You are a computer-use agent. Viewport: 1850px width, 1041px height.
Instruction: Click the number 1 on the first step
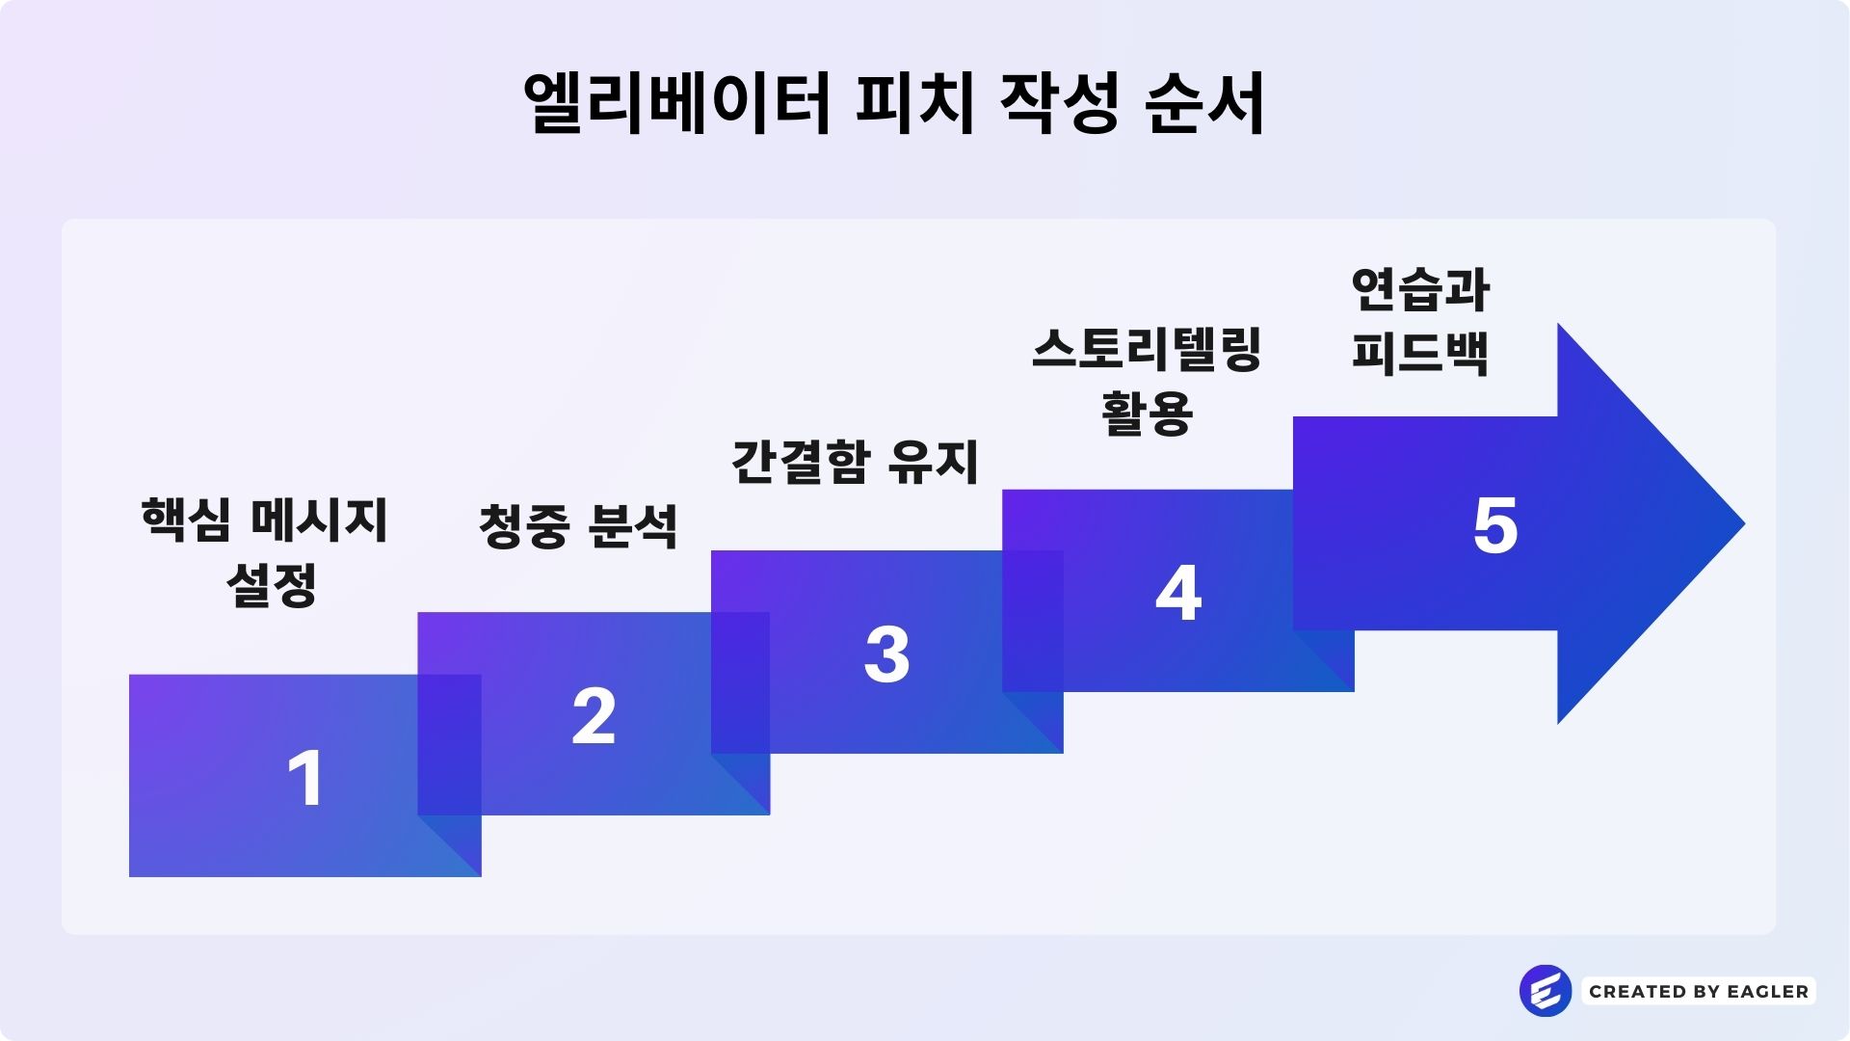[306, 778]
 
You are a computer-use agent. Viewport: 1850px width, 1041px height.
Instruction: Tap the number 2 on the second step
[594, 716]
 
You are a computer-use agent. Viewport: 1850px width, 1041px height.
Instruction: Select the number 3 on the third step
[886, 654]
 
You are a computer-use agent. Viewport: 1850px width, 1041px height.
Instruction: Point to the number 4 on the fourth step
[1178, 593]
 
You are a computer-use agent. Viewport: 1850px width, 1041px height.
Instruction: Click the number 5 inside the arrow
[1495, 526]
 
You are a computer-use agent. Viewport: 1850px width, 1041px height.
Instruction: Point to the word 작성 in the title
[1059, 103]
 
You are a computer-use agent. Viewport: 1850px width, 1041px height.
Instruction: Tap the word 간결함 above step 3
[801, 462]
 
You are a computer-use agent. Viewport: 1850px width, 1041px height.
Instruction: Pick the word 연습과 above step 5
[1420, 289]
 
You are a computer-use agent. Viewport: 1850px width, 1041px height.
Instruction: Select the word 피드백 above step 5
[1420, 352]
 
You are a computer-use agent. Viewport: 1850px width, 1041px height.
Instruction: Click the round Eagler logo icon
[1545, 991]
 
